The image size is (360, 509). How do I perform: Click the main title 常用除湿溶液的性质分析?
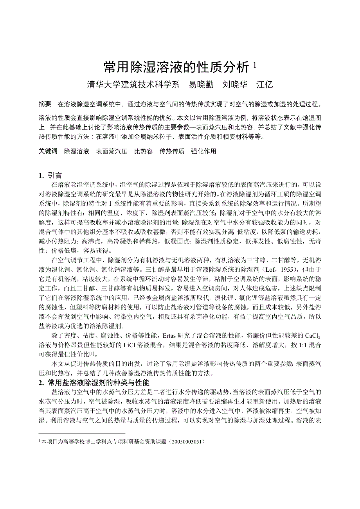click(x=176, y=67)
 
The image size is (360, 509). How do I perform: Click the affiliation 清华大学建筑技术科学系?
click(x=133, y=84)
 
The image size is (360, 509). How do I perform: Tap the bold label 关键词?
click(x=48, y=151)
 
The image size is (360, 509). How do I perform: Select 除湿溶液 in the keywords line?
click(x=77, y=151)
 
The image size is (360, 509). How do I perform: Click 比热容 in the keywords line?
click(x=143, y=151)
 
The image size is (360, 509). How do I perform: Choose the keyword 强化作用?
click(x=203, y=151)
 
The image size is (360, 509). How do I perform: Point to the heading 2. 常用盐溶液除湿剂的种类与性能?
click(x=94, y=382)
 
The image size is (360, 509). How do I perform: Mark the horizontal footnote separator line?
click(x=82, y=434)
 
